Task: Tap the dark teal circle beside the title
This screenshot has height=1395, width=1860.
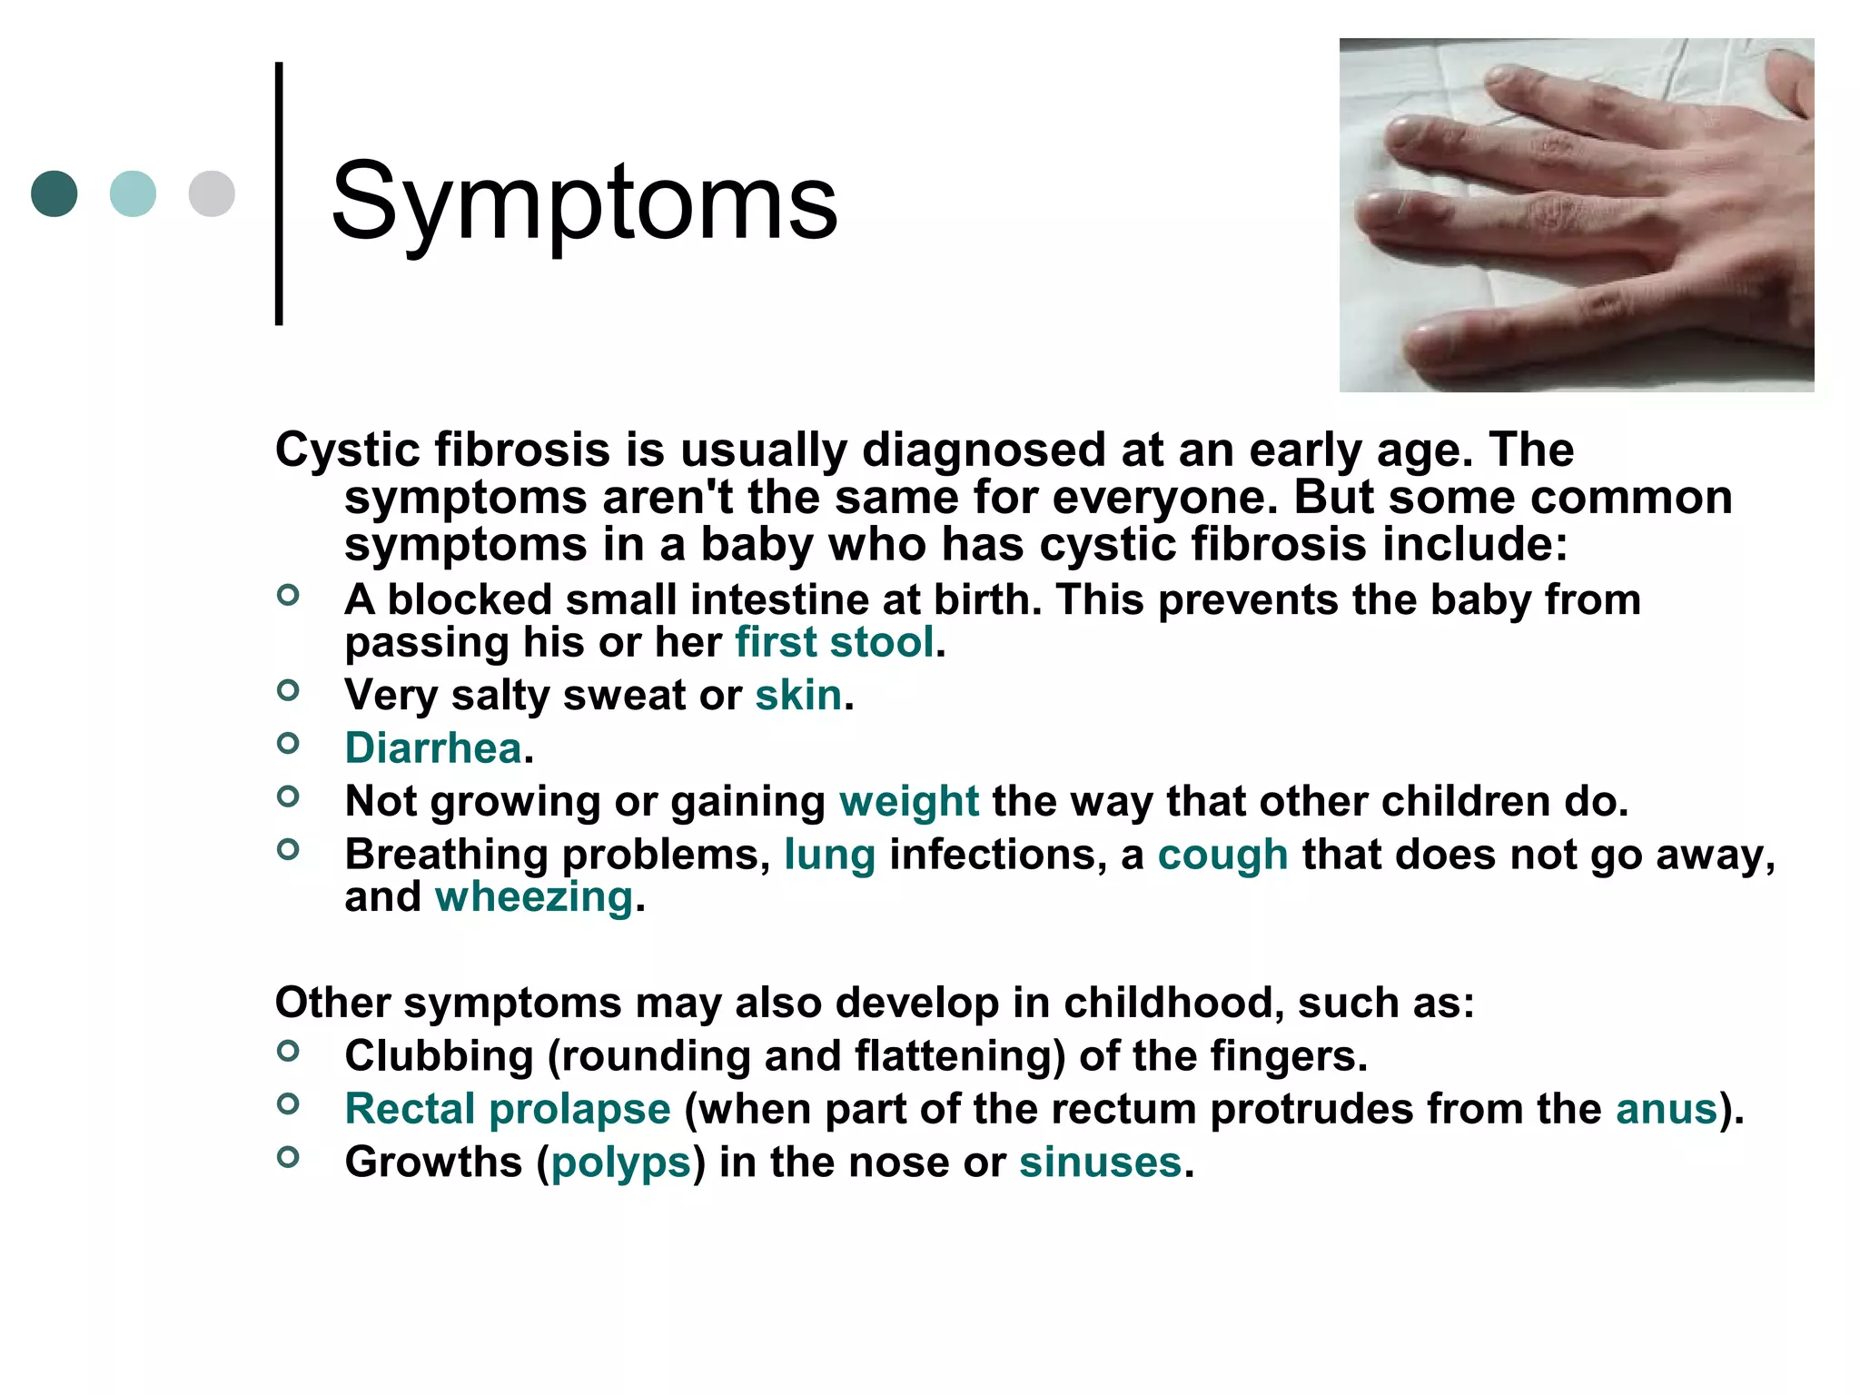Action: [x=54, y=193]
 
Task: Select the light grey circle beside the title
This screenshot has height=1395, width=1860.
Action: [x=212, y=193]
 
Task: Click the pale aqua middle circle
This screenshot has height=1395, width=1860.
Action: [x=133, y=193]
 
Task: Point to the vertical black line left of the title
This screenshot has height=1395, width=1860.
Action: [x=279, y=193]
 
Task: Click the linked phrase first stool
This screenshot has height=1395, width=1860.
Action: [x=834, y=643]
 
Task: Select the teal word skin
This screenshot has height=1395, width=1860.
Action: [x=798, y=696]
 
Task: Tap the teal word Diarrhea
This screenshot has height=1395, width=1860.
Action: [x=433, y=749]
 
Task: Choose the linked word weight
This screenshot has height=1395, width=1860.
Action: [x=908, y=802]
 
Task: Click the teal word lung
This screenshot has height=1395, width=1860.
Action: [x=829, y=856]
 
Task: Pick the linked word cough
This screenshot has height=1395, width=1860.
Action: [x=1222, y=856]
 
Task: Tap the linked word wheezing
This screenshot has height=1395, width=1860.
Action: [x=533, y=897]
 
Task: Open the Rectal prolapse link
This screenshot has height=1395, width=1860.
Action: [x=508, y=1110]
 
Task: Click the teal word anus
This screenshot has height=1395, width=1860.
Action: [x=1667, y=1110]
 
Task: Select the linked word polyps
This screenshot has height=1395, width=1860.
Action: [x=621, y=1162]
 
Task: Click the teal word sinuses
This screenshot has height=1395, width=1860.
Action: [x=1100, y=1162]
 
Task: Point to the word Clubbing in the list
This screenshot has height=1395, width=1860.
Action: [x=439, y=1056]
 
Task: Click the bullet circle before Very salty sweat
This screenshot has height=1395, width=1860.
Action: [x=288, y=691]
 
